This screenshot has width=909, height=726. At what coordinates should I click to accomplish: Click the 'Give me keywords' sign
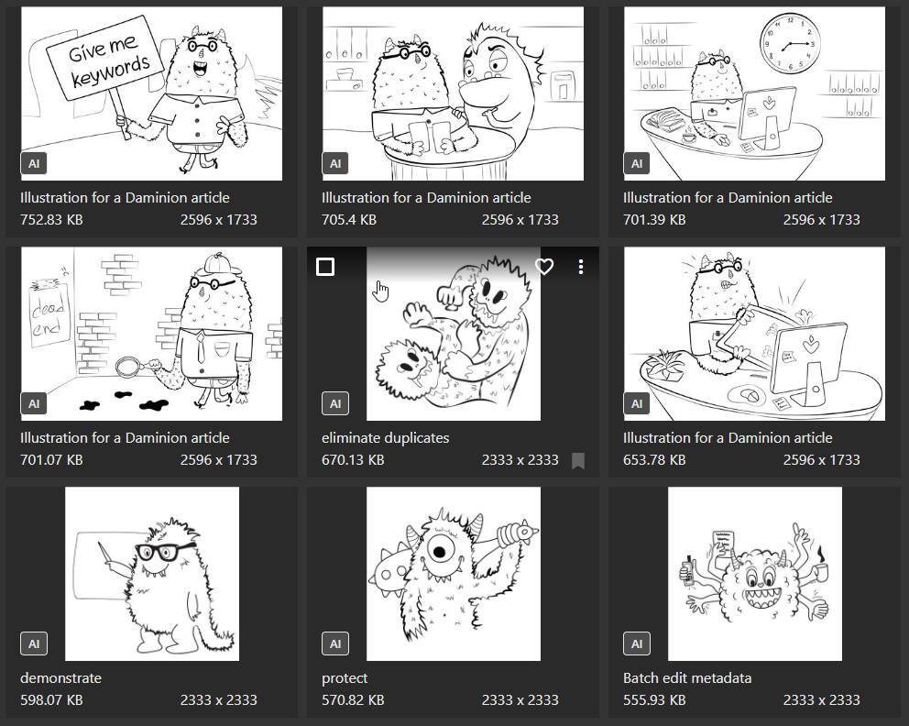(x=104, y=58)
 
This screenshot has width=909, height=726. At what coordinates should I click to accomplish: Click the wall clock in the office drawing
(x=790, y=43)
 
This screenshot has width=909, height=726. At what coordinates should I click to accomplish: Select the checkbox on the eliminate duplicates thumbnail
(x=325, y=267)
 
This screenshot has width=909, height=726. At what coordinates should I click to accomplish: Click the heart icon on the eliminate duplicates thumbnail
(x=543, y=267)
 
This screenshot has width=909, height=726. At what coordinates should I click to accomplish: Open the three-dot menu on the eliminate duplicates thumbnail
(x=581, y=267)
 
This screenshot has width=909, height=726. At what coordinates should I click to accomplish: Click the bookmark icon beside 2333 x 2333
(x=578, y=460)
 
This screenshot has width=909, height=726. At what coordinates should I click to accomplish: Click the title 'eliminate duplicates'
(x=386, y=438)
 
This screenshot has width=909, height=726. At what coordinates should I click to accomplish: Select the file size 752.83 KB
(x=51, y=220)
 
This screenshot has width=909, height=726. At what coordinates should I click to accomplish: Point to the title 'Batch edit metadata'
(x=687, y=677)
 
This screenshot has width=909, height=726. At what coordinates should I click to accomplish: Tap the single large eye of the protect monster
(x=440, y=550)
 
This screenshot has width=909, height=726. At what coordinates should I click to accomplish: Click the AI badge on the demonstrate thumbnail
(x=34, y=643)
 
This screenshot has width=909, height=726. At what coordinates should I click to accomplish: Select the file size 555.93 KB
(x=654, y=700)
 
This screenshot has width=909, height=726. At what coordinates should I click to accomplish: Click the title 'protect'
(x=345, y=677)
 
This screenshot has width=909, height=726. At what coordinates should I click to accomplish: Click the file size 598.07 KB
(x=51, y=700)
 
